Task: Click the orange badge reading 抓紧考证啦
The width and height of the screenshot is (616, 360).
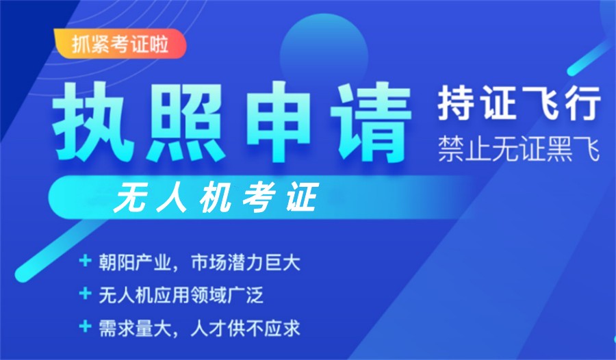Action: [x=119, y=44]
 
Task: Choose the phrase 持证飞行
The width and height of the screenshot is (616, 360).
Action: [x=519, y=104]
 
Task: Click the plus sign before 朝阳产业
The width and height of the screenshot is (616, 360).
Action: [x=85, y=261]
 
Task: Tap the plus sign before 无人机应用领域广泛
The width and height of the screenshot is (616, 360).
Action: [x=85, y=294]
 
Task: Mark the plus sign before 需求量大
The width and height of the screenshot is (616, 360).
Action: [x=85, y=327]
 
